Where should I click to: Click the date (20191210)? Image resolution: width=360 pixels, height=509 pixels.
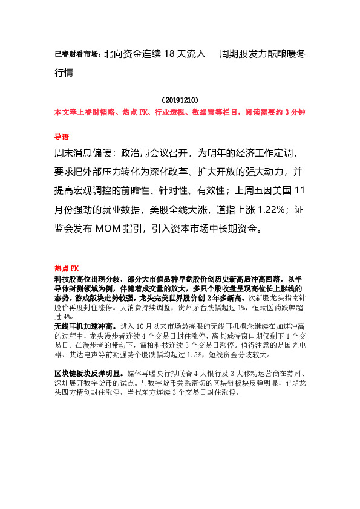180,99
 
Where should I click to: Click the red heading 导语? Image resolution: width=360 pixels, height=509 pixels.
62,137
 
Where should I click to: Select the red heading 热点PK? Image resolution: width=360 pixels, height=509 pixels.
67,268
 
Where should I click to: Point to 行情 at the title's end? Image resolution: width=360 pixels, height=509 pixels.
65,72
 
